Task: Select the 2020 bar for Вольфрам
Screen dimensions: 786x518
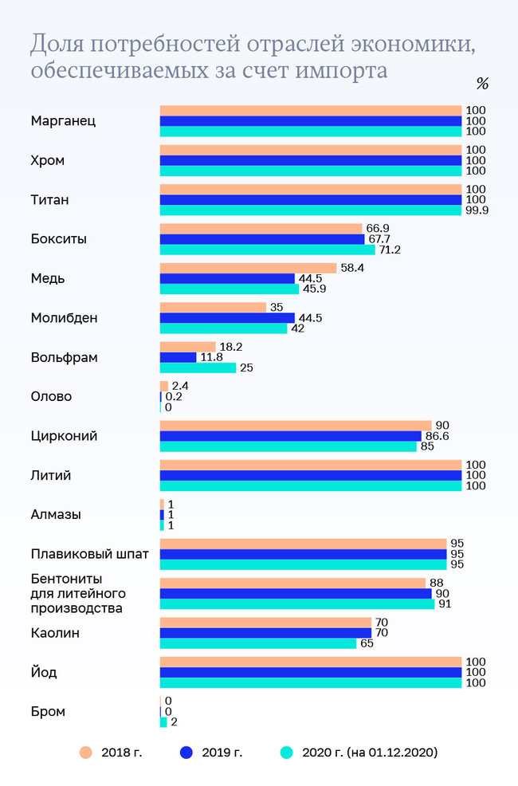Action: click(x=198, y=367)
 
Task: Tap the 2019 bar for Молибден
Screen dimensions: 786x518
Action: click(x=227, y=318)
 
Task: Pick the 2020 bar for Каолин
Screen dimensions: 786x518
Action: click(x=258, y=643)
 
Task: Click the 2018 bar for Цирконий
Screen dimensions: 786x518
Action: click(x=296, y=426)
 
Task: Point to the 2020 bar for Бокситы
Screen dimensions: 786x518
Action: click(x=268, y=250)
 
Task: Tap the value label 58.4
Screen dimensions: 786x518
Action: click(x=352, y=269)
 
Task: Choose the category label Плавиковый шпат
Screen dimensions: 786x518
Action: click(x=89, y=554)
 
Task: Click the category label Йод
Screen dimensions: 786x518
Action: click(x=45, y=673)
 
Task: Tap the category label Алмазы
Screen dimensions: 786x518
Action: click(x=56, y=515)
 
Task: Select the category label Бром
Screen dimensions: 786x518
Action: click(x=48, y=712)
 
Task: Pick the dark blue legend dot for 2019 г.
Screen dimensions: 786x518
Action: click(x=186, y=752)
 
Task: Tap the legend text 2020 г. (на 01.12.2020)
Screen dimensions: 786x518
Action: click(x=370, y=752)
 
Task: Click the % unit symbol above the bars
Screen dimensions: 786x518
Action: click(x=481, y=84)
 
